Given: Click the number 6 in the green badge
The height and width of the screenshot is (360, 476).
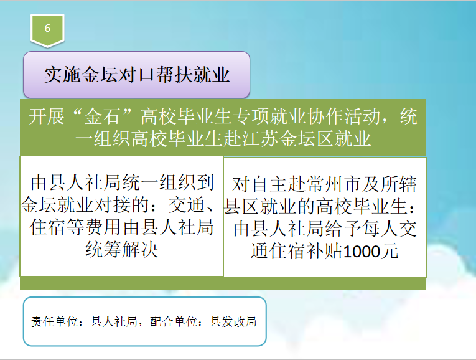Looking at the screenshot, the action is pos(47,28).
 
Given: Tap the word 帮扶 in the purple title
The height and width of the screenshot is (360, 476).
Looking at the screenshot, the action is pos(175,75).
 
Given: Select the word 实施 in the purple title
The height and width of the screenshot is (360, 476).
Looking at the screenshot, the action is pos(63,75).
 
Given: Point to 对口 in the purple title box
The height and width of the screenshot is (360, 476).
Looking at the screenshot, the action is pos(137,75).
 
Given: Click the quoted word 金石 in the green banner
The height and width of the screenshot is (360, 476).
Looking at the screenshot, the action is pos(102,116).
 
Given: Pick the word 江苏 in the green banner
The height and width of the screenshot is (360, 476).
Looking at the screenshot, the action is pos(260,139).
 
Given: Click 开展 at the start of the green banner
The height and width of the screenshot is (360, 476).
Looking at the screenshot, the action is pos(47,116).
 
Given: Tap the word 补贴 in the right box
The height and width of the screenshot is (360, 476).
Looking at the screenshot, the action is pos(325,251).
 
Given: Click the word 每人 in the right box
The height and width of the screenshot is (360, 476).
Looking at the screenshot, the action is pos(380,229).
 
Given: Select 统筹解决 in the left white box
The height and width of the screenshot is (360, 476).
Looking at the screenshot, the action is pos(122,249).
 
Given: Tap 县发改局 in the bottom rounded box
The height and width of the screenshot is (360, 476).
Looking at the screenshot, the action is pos(233,322).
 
